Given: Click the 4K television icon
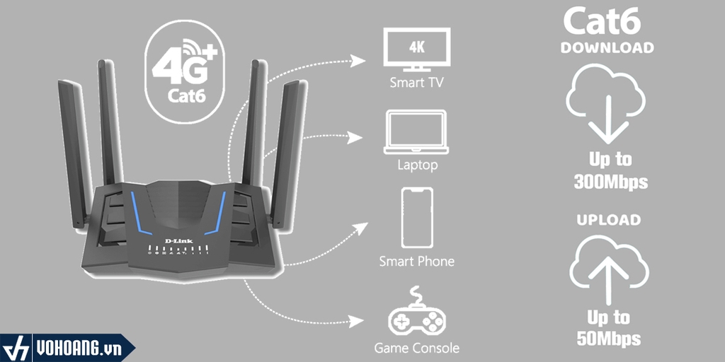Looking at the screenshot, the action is pyautogui.click(x=416, y=49).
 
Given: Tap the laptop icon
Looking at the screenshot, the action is pyautogui.click(x=416, y=132).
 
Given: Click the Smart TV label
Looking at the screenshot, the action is pyautogui.click(x=416, y=83).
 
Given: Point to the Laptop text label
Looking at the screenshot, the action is pyautogui.click(x=416, y=165).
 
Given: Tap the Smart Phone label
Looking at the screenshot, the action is pyautogui.click(x=416, y=262).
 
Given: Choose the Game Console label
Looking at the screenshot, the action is pyautogui.click(x=416, y=348).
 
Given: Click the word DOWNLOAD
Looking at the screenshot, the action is pyautogui.click(x=607, y=48).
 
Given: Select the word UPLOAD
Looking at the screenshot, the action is pyautogui.click(x=607, y=220).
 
